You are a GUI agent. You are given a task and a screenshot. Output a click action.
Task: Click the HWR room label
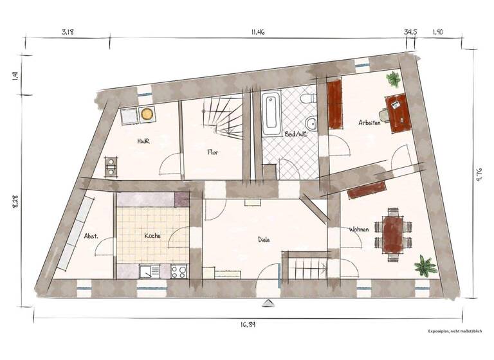(x=143, y=141)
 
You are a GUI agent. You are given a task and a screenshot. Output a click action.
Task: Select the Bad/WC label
(x=298, y=134)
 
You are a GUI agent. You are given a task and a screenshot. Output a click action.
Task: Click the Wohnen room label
(x=360, y=230)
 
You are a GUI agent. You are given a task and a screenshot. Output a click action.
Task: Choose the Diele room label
(x=264, y=239)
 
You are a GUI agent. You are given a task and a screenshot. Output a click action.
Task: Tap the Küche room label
(x=152, y=235)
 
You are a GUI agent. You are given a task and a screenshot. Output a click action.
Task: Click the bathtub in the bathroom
(x=271, y=114)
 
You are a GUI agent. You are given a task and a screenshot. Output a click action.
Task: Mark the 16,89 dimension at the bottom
(x=248, y=325)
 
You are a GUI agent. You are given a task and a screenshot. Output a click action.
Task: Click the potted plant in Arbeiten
(x=392, y=80)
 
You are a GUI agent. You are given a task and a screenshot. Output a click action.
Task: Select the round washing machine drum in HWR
(x=147, y=114)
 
